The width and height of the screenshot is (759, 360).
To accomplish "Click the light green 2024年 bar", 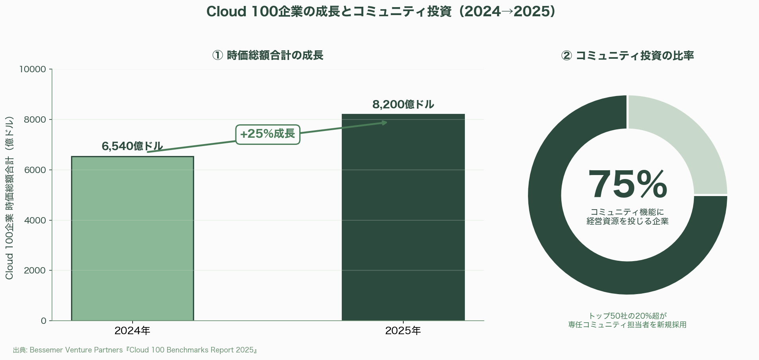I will pyautogui.click(x=132, y=238).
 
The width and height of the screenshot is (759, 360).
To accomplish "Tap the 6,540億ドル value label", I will pyautogui.click(x=132, y=146).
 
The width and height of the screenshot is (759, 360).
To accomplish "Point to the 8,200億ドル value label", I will pyautogui.click(x=403, y=105).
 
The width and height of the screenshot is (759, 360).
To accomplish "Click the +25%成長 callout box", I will pyautogui.click(x=268, y=134).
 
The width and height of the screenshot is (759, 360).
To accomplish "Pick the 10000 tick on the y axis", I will pyautogui.click(x=33, y=69).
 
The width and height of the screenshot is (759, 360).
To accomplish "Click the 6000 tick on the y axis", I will pyautogui.click(x=35, y=170).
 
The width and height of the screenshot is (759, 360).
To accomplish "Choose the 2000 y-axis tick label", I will pyautogui.click(x=35, y=271).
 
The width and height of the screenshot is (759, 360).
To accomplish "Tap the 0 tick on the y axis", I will pyautogui.click(x=44, y=321).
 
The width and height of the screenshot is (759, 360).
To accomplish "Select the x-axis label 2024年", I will pyautogui.click(x=132, y=331).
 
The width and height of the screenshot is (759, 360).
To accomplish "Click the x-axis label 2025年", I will pyautogui.click(x=403, y=331).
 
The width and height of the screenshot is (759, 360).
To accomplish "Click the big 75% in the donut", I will pyautogui.click(x=627, y=185).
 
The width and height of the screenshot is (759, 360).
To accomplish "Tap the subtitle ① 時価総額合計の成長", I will pyautogui.click(x=268, y=56).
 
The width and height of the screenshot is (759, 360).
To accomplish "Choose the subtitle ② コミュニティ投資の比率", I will pyautogui.click(x=627, y=56).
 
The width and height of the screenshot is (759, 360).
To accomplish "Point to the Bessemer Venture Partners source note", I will pyautogui.click(x=135, y=350).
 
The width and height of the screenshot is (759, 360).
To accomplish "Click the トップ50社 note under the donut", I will pyautogui.click(x=627, y=320).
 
